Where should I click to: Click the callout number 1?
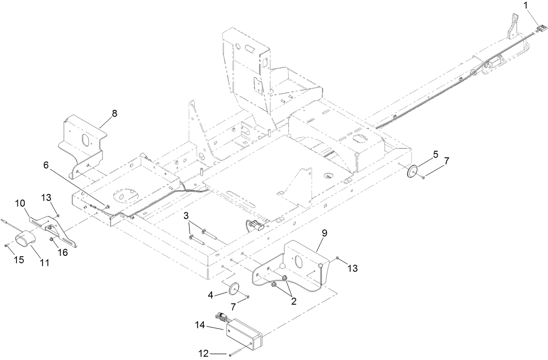tap(526, 5)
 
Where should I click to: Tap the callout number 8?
tap(114, 113)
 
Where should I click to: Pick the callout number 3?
tap(186, 215)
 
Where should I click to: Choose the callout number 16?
tap(63, 252)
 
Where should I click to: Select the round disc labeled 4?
tap(234, 289)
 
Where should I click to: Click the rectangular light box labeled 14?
tap(244, 334)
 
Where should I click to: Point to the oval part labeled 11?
tap(25, 241)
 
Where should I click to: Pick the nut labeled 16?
tap(51, 239)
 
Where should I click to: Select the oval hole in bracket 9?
tap(299, 263)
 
